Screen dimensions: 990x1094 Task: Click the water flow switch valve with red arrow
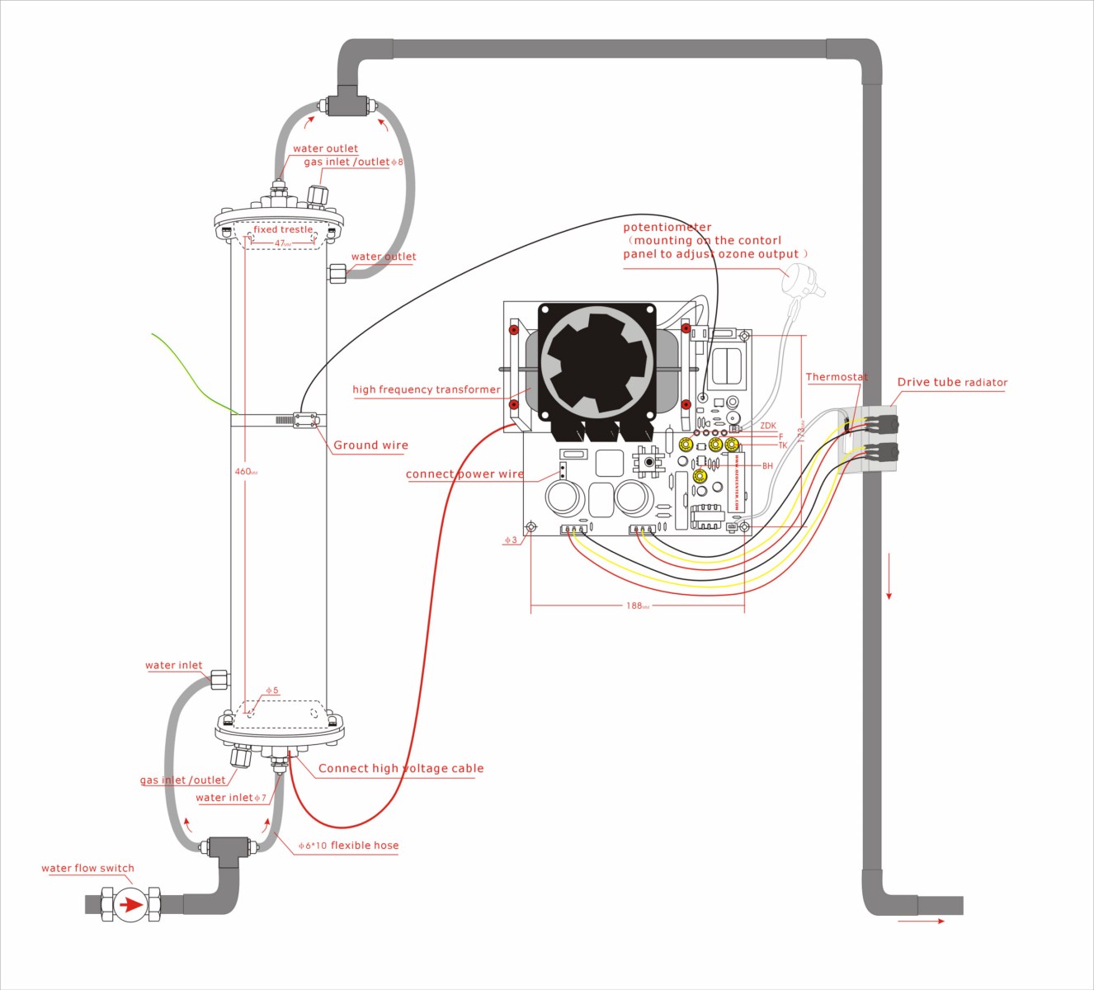[130, 904]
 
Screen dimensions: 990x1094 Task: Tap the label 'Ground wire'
[370, 445]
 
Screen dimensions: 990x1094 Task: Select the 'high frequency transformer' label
[426, 389]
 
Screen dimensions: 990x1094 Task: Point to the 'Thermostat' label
[836, 377]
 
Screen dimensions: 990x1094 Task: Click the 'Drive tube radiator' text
[952, 382]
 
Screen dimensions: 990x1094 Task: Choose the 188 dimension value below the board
[634, 606]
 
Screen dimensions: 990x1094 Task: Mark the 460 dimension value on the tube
[243, 472]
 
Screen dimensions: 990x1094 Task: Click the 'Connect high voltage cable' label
[401, 768]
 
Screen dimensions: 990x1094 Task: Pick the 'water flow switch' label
[87, 868]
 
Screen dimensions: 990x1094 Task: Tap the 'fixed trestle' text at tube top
[283, 229]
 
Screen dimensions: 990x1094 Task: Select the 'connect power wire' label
[464, 474]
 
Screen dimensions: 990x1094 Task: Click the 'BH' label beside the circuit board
[767, 466]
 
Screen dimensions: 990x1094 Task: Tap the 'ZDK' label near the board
[768, 427]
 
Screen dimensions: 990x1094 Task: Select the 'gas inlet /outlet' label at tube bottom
[182, 780]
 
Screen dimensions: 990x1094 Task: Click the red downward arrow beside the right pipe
[889, 577]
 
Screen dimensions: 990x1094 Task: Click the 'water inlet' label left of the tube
[173, 665]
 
